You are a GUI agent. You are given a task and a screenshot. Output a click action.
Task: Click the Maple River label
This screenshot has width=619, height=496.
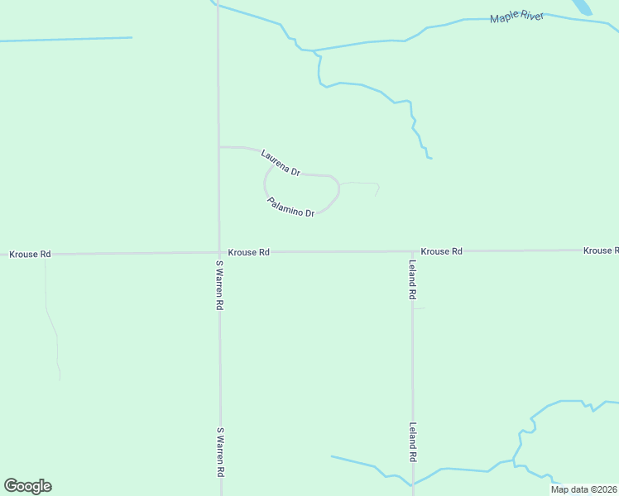(517, 17)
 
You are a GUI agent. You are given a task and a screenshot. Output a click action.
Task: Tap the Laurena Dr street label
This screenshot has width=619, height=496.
(280, 162)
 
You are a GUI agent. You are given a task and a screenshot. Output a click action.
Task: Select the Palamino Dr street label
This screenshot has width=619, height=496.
(291, 207)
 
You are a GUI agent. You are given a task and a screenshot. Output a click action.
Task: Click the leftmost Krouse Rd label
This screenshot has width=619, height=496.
(30, 254)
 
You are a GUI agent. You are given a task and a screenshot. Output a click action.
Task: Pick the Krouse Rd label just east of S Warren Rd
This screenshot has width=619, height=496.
(249, 252)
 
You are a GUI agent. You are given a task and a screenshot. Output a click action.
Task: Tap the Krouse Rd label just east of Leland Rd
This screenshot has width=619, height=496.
(441, 250)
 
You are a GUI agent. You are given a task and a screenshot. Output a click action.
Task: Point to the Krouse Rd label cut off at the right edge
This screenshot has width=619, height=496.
(600, 250)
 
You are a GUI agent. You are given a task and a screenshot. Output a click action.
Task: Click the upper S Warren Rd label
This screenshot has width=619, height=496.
(219, 285)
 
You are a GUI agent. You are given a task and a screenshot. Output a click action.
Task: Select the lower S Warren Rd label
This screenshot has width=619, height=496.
(220, 452)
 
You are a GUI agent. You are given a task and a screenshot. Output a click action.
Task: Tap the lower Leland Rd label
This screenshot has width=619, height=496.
(412, 442)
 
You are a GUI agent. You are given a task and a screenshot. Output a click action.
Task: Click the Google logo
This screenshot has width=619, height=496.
(27, 486)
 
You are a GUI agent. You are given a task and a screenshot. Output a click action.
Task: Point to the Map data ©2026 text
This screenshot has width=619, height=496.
(583, 489)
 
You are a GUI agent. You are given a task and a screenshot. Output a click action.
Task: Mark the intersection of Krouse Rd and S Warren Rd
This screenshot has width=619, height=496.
(219, 252)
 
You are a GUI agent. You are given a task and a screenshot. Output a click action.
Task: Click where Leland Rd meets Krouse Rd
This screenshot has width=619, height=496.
(412, 250)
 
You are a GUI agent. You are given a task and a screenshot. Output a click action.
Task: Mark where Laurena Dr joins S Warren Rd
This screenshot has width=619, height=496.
(219, 147)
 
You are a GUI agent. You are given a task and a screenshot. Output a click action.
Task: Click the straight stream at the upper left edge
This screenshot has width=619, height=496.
(66, 39)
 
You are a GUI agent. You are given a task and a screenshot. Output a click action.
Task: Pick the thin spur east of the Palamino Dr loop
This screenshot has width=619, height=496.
(362, 184)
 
